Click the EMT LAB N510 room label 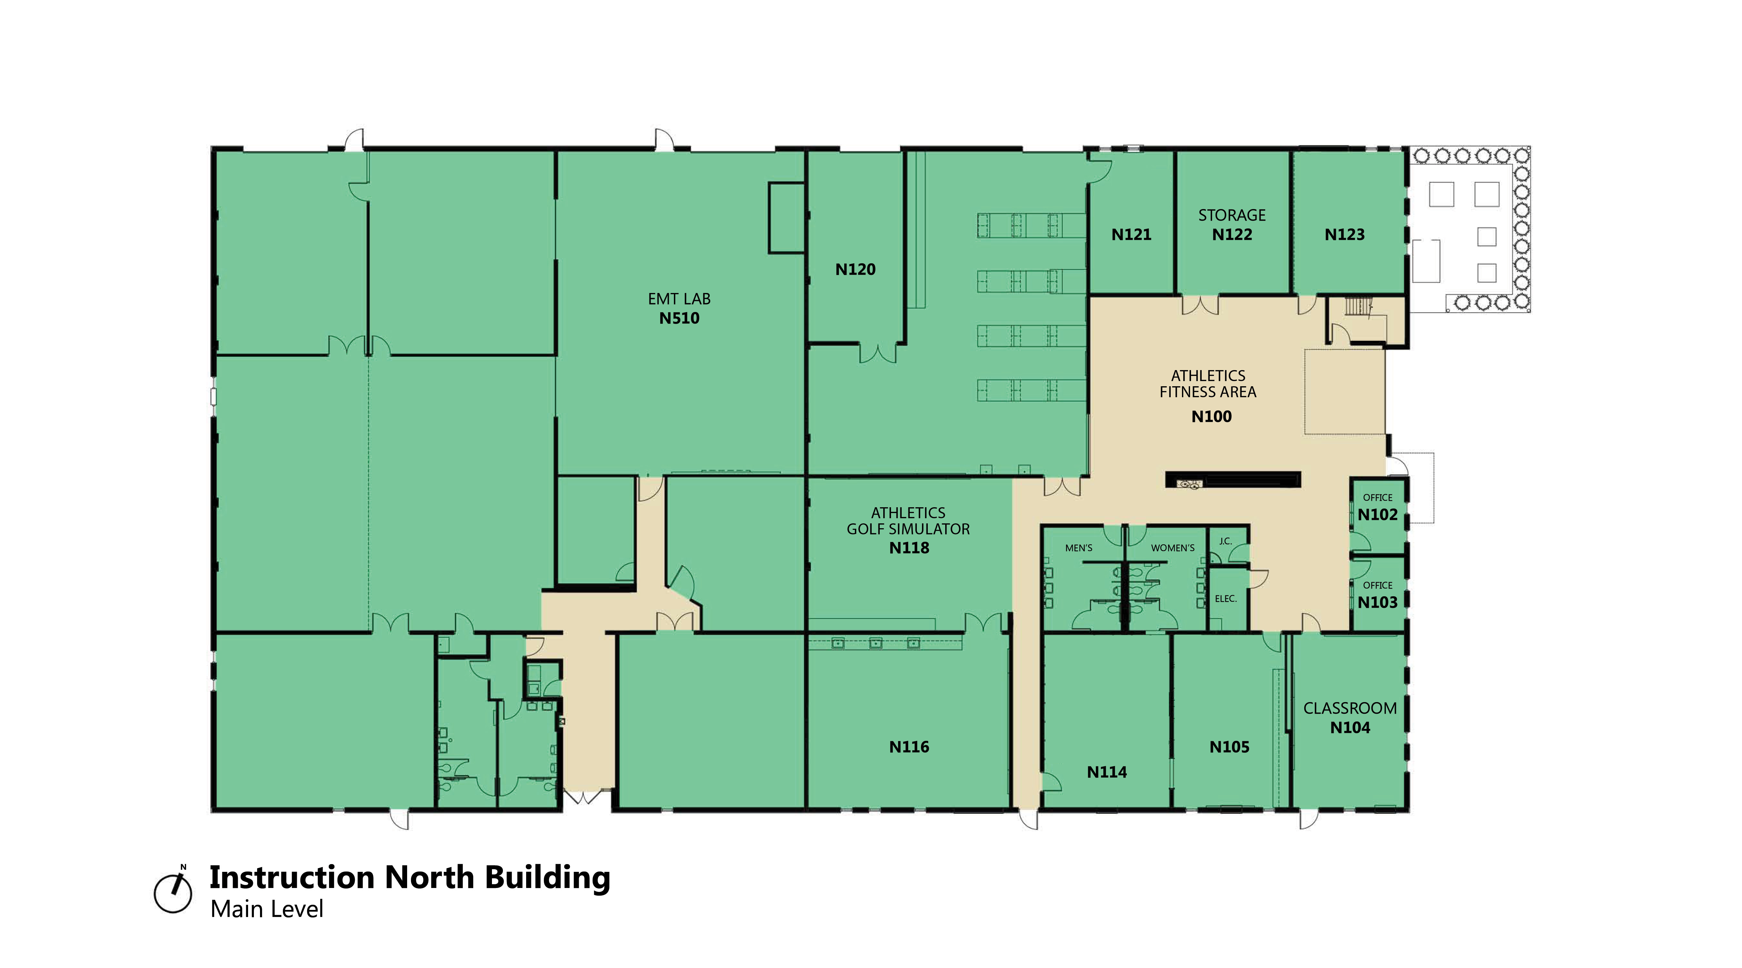[x=679, y=308]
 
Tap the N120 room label [x=856, y=269]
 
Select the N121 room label [x=1131, y=235]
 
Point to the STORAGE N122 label [x=1232, y=225]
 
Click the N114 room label [x=1107, y=772]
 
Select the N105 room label [x=1229, y=747]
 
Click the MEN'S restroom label [x=1079, y=548]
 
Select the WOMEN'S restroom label [x=1173, y=548]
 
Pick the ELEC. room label [x=1225, y=599]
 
